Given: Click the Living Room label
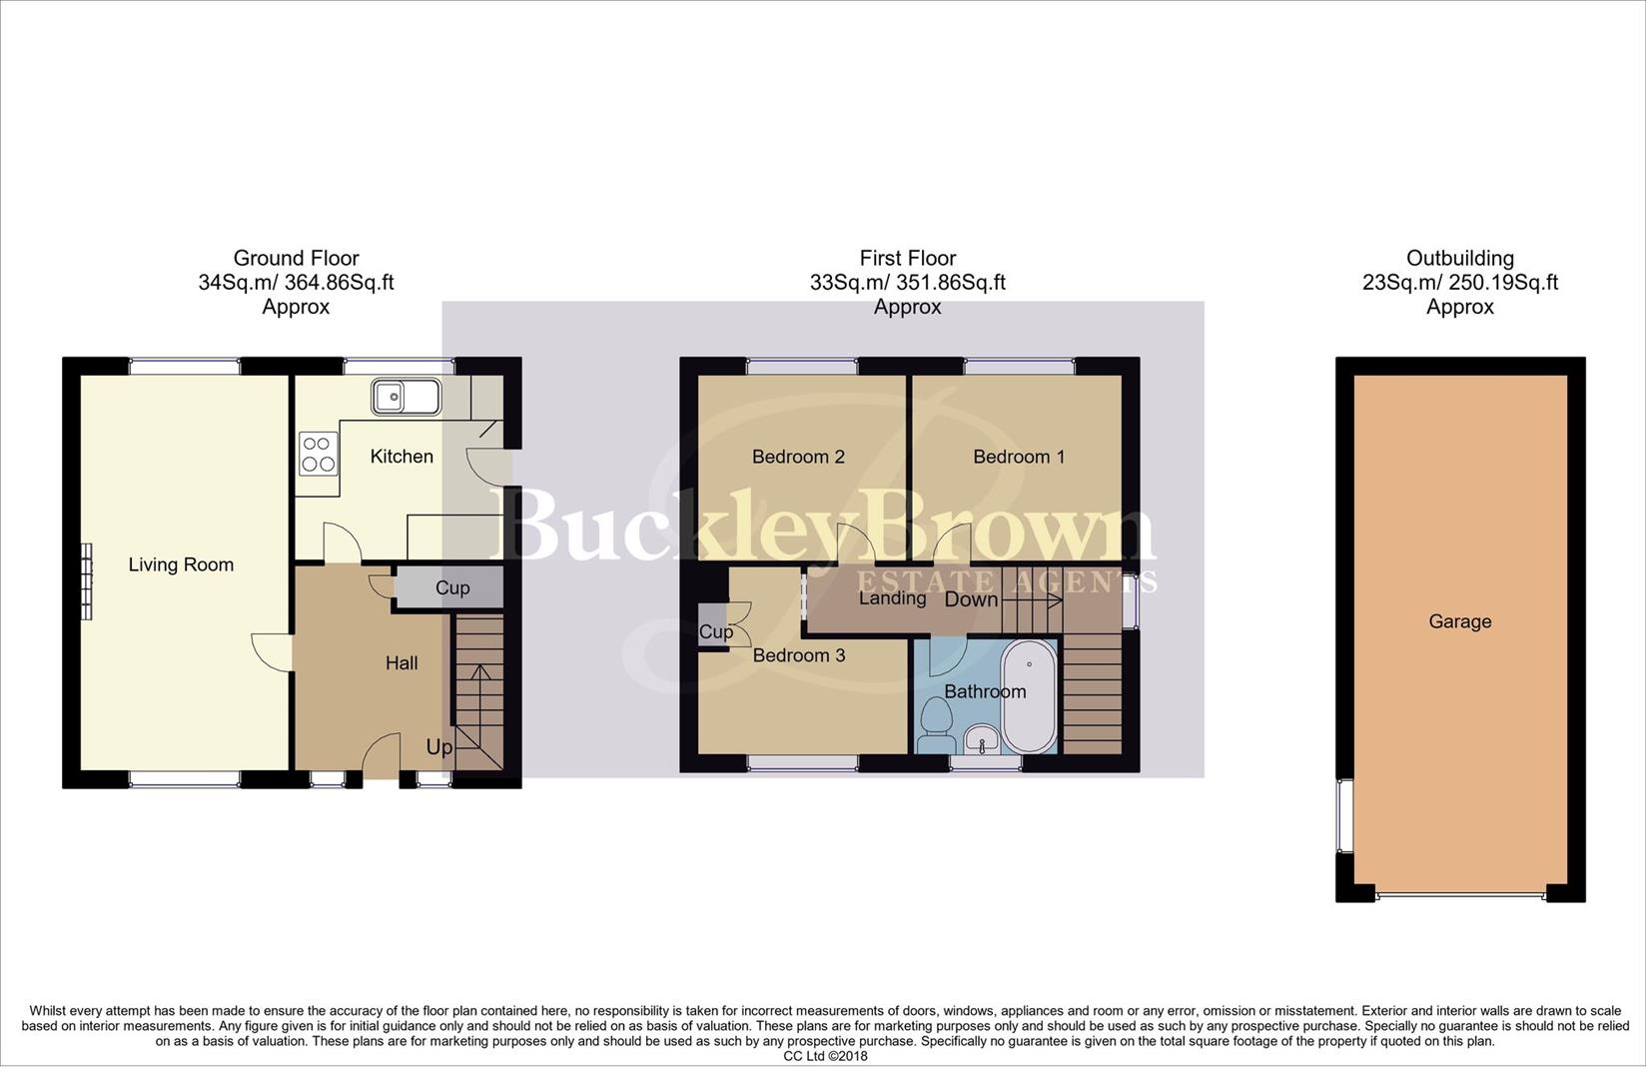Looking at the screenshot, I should tap(181, 564).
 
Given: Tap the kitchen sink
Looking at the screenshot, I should tap(406, 397).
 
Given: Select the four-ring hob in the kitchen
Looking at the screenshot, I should tap(318, 453).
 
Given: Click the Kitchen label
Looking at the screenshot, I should tap(402, 457).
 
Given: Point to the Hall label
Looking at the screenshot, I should tap(402, 662).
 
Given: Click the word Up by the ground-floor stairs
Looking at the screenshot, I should tap(439, 747).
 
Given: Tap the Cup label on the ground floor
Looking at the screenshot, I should tap(452, 587).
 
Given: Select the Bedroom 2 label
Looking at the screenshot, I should tap(798, 457).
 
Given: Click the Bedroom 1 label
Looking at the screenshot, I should tap(1019, 457).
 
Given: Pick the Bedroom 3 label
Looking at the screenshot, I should tap(798, 655).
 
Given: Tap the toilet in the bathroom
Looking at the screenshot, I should tap(936, 725).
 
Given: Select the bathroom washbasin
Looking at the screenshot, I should tap(983, 741).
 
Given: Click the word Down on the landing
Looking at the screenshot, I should tap(971, 599).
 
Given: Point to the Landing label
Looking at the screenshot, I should tap(892, 598).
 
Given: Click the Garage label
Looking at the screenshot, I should tap(1459, 621).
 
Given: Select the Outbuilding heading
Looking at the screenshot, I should tap(1459, 259).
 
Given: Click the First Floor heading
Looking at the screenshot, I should tap(907, 259).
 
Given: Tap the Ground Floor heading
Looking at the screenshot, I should tap(296, 259).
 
